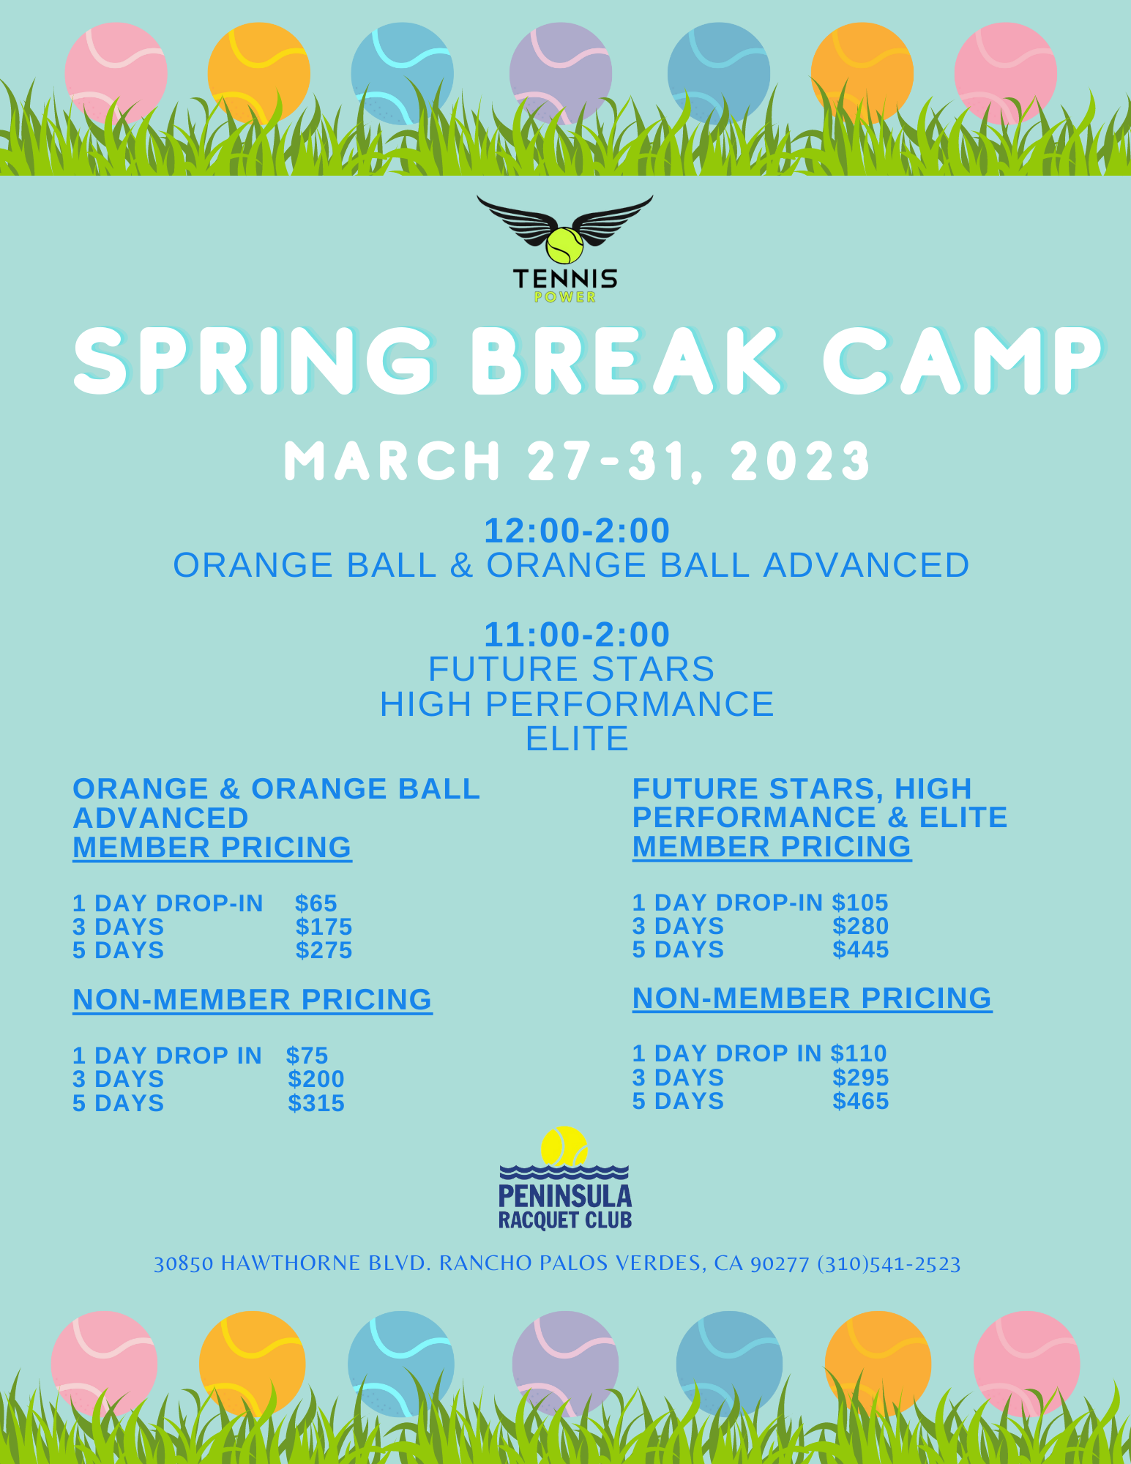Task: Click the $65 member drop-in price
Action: pyautogui.click(x=316, y=903)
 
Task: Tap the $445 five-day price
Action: pyautogui.click(x=860, y=949)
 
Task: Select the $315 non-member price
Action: pyautogui.click(x=316, y=1103)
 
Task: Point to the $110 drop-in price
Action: pyautogui.click(x=858, y=1053)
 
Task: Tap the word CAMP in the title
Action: pyautogui.click(x=961, y=361)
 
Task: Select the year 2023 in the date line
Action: pyautogui.click(x=800, y=461)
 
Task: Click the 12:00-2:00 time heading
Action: pyautogui.click(x=577, y=531)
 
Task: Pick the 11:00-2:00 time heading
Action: pyautogui.click(x=577, y=635)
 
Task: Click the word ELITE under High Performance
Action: pyautogui.click(x=577, y=739)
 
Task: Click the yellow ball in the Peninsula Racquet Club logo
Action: pyautogui.click(x=564, y=1146)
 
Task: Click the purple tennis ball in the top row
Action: pyautogui.click(x=560, y=73)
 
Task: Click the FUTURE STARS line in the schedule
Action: pyautogui.click(x=571, y=669)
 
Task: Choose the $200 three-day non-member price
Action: pyautogui.click(x=316, y=1079)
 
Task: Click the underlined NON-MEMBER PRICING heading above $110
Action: pyautogui.click(x=812, y=998)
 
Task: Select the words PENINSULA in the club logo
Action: pyautogui.click(x=564, y=1196)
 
